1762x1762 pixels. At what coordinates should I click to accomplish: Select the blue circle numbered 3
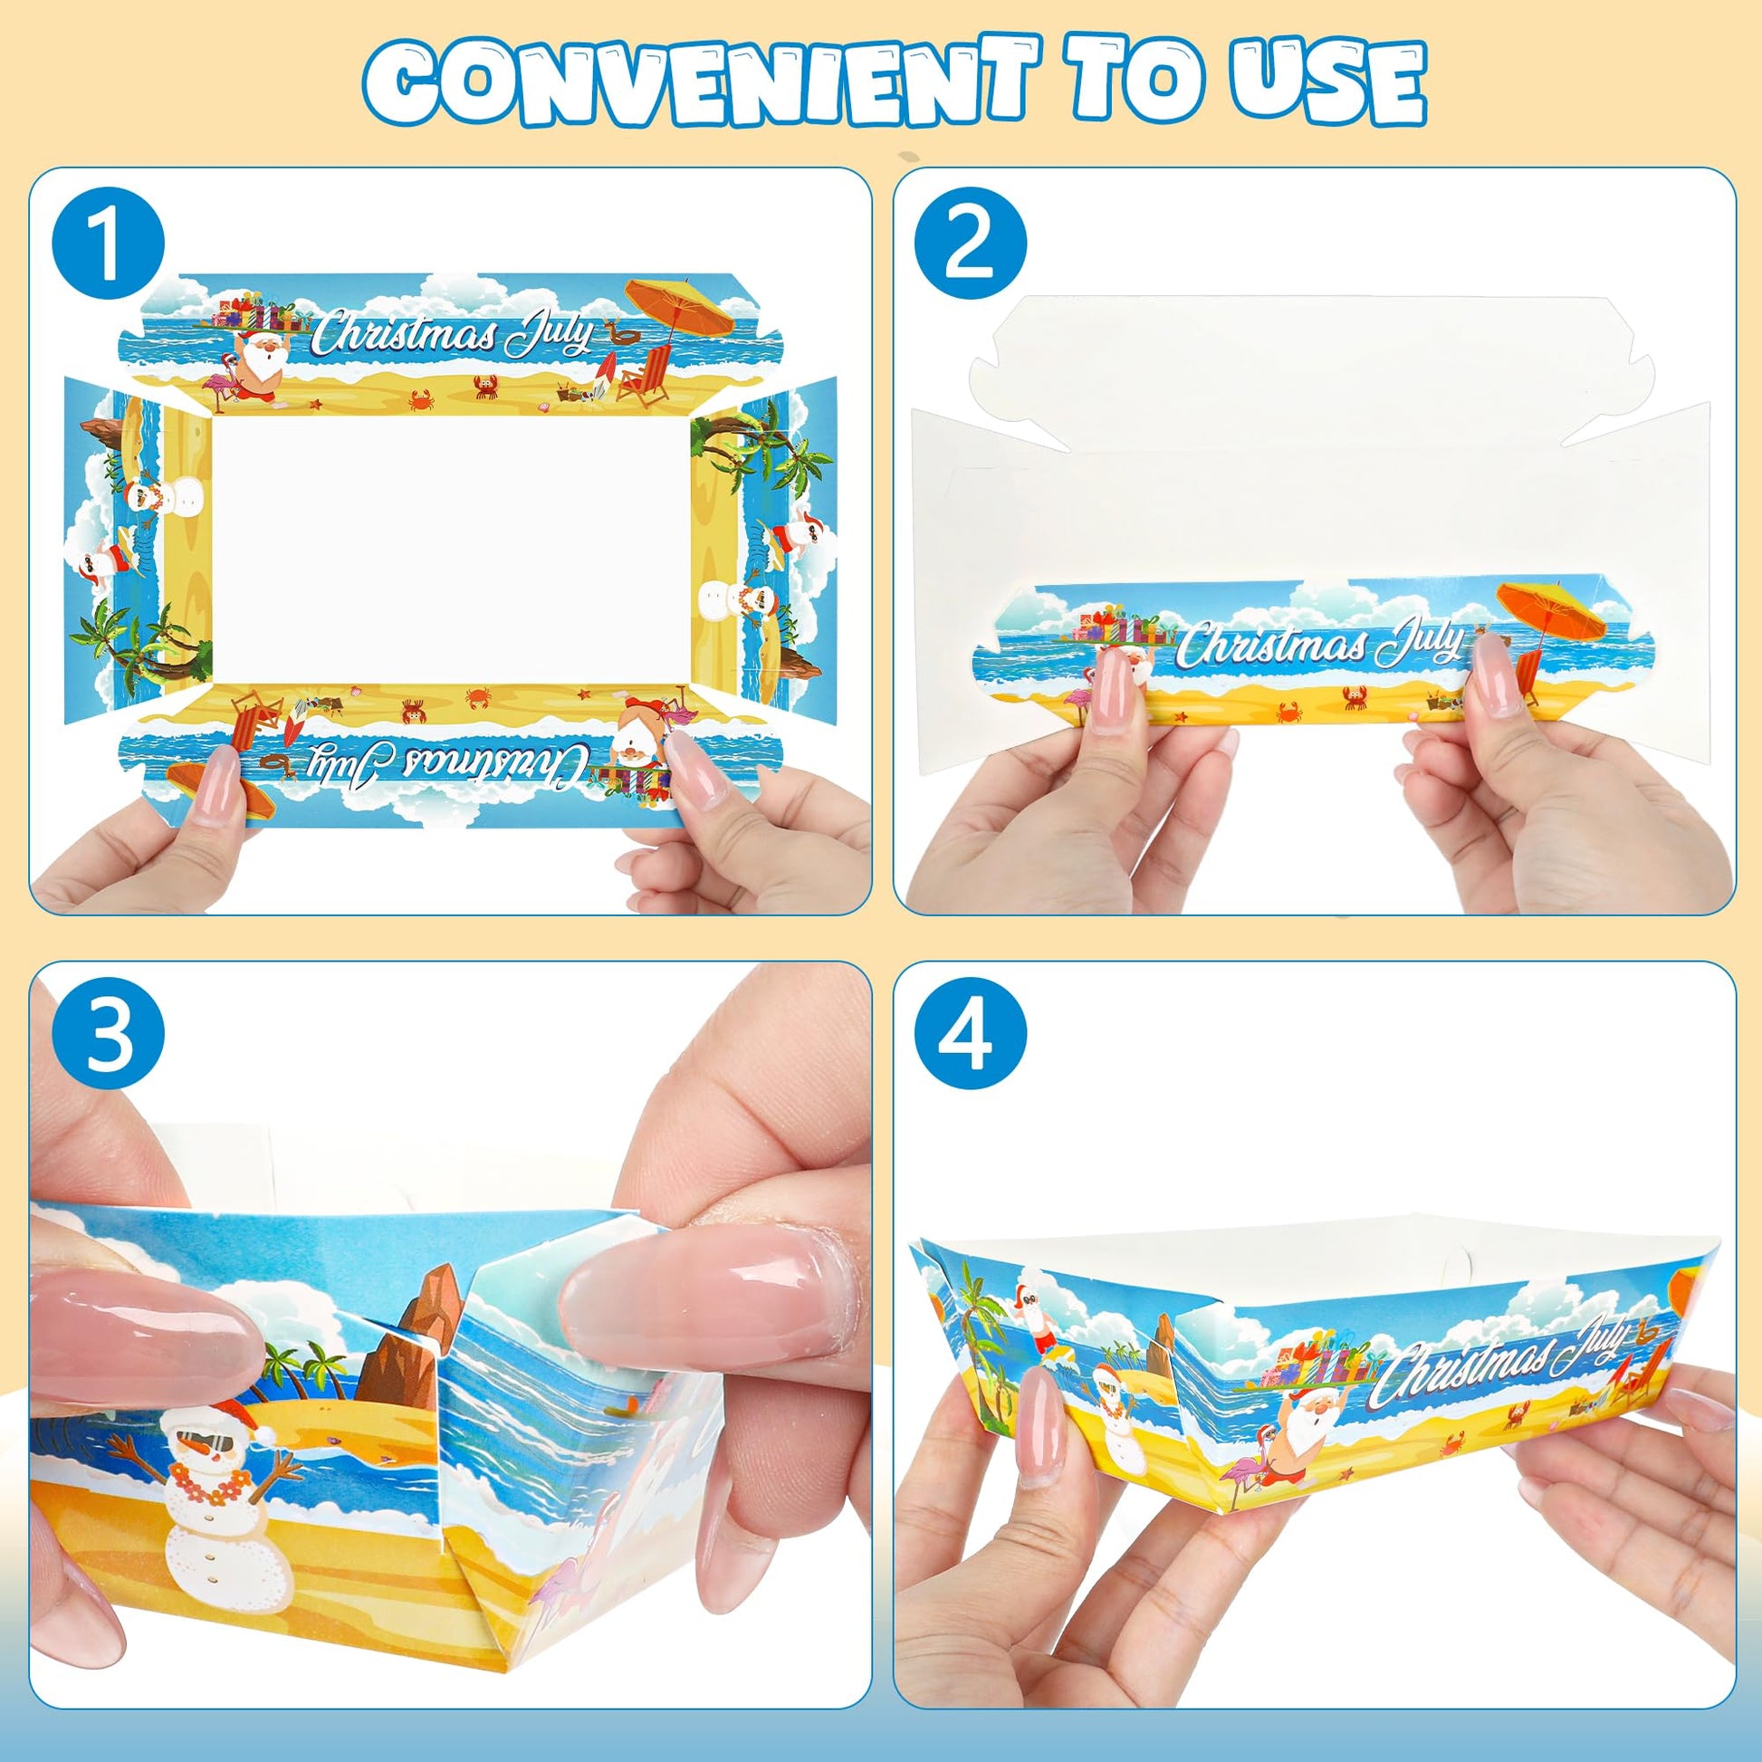point(109,1040)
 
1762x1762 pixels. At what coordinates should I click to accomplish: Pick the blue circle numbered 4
point(971,1040)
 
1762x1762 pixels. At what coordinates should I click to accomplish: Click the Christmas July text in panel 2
point(1317,644)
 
